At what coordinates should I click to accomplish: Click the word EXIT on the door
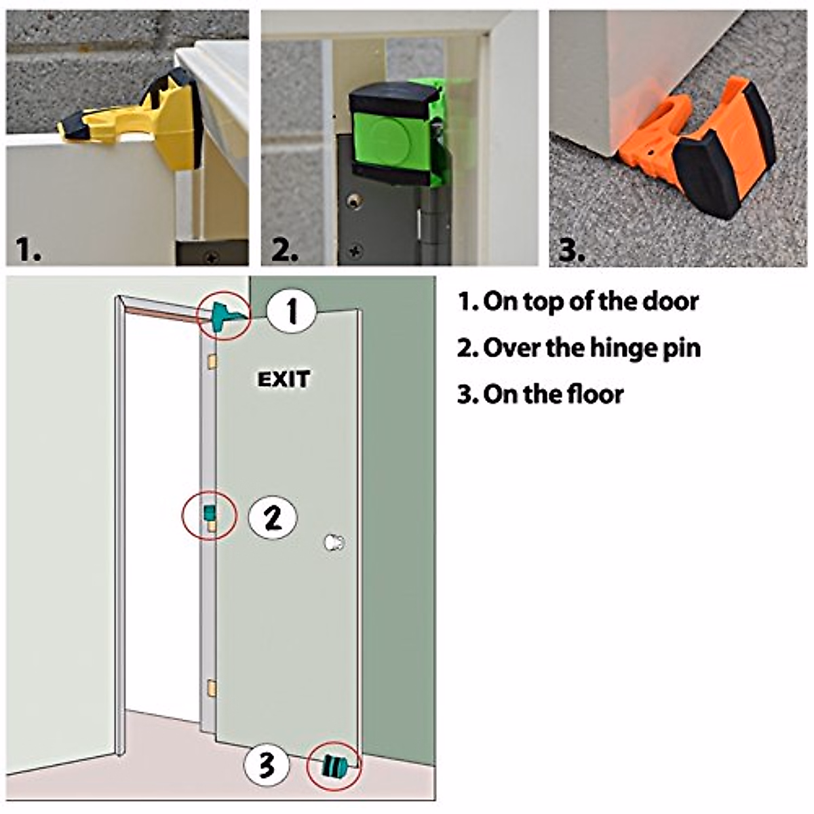[x=284, y=379]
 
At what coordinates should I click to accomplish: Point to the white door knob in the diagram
[x=334, y=543]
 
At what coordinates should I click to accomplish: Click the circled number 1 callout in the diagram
[x=292, y=312]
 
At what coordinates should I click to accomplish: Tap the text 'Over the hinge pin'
[x=579, y=348]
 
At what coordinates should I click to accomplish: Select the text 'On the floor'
[x=540, y=394]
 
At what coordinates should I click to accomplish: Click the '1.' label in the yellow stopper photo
[x=28, y=250]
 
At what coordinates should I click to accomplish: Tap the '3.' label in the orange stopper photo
[x=572, y=250]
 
